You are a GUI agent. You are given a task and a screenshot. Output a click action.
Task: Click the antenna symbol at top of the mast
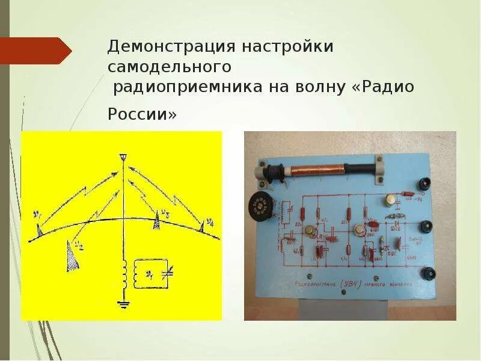coord(123,158)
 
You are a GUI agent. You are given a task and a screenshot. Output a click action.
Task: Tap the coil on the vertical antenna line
coord(124,274)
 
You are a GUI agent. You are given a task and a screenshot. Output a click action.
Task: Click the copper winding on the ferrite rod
coord(316,169)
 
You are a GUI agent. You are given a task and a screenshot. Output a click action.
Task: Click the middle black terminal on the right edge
coord(427,226)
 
